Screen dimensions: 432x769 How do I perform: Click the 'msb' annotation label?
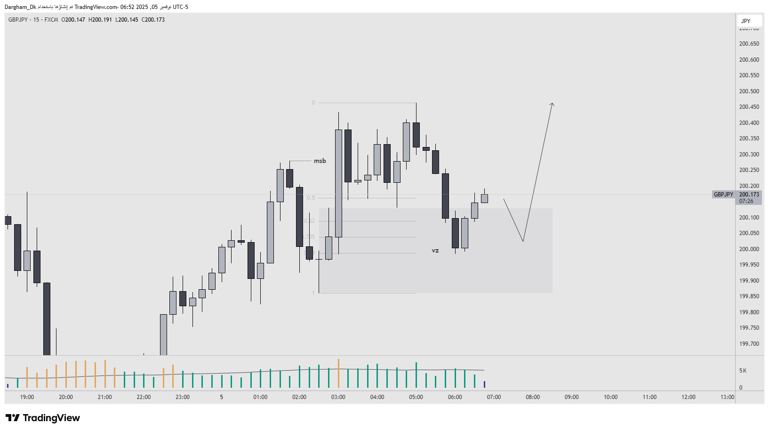point(320,161)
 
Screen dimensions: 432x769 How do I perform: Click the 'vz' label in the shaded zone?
point(435,251)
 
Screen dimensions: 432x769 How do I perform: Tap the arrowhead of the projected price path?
point(553,104)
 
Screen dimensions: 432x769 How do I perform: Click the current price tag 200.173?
point(749,195)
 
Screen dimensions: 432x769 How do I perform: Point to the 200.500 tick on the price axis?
point(749,91)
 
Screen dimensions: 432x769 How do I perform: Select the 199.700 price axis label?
point(749,344)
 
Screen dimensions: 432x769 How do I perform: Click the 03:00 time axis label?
point(338,397)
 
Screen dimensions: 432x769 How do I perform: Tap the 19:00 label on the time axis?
point(27,397)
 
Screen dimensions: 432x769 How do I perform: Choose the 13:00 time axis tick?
point(727,397)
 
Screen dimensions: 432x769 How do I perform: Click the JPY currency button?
point(746,21)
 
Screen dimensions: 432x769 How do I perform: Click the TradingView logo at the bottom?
point(43,418)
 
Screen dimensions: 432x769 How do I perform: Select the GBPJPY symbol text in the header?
point(18,20)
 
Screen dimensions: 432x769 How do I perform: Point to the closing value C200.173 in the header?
point(153,20)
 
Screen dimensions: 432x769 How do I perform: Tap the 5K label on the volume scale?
point(743,371)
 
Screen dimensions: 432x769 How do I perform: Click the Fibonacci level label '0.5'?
point(311,198)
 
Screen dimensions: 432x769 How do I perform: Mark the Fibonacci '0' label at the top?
point(313,103)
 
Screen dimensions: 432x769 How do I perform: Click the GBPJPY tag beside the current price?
point(723,195)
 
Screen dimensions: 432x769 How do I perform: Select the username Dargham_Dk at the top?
point(20,7)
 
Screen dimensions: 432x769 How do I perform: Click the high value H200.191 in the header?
point(100,20)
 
